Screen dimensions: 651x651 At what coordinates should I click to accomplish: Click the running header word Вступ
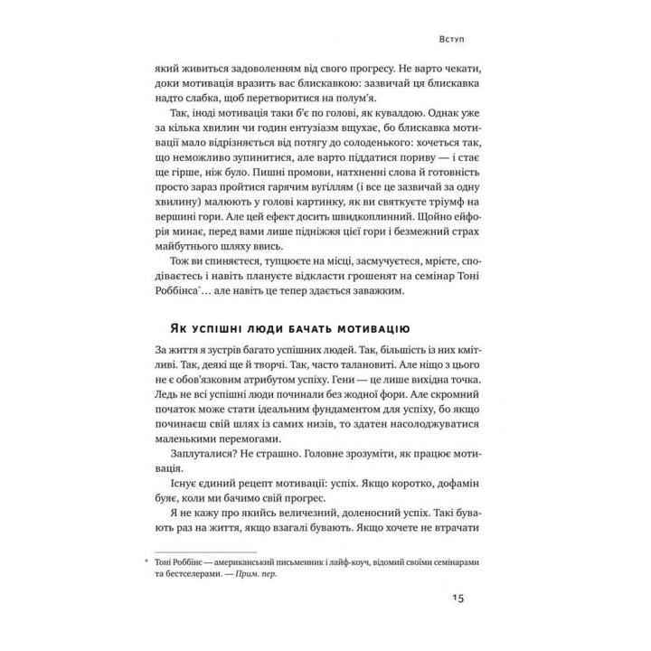tap(450, 41)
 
